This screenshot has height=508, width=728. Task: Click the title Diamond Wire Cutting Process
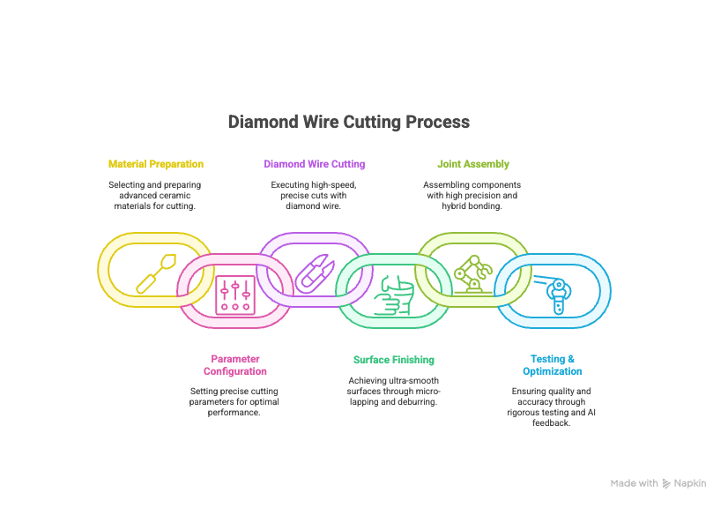coord(348,122)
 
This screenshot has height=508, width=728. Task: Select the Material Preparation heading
coord(155,164)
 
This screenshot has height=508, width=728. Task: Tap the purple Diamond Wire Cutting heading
coord(314,164)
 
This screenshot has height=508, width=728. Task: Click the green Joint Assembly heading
coord(472,164)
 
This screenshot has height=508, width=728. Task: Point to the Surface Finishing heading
coord(393,360)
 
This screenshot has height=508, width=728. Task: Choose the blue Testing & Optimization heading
coord(552,365)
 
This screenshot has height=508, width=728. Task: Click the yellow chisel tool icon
coord(155,273)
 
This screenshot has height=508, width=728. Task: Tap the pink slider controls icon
coord(235,294)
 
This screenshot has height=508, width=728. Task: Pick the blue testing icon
coord(552,294)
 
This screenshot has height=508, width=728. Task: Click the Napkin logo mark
coord(666,483)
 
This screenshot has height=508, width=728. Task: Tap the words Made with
coord(634,483)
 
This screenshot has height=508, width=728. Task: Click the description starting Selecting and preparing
coord(155,195)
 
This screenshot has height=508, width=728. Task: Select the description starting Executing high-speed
coord(314,195)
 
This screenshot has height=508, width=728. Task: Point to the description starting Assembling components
coord(472,195)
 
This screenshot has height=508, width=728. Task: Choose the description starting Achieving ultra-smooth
coord(393,391)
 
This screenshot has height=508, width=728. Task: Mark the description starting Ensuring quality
coord(552,407)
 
